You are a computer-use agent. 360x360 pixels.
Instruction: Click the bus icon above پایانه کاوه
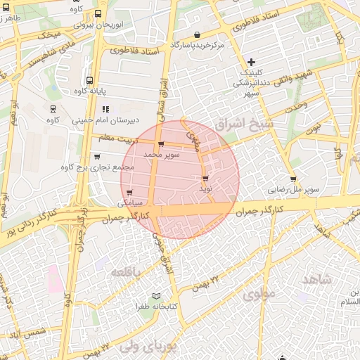tap(89, 80)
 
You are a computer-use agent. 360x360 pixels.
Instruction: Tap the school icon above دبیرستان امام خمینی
tap(106, 109)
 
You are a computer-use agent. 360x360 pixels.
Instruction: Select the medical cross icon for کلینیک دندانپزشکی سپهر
tap(252, 62)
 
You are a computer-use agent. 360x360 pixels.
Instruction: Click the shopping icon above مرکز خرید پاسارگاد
tap(198, 34)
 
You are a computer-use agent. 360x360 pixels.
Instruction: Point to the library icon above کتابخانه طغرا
tap(156, 296)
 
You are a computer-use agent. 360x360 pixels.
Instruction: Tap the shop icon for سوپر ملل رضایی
tap(293, 179)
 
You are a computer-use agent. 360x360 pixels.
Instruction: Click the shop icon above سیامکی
tap(129, 191)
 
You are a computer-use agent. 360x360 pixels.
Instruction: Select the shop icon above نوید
tap(205, 179)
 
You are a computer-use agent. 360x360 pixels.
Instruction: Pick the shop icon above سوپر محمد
tap(162, 144)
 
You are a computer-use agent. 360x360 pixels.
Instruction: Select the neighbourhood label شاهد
tap(316, 280)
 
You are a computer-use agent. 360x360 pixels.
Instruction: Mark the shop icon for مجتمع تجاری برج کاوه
tap(96, 157)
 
